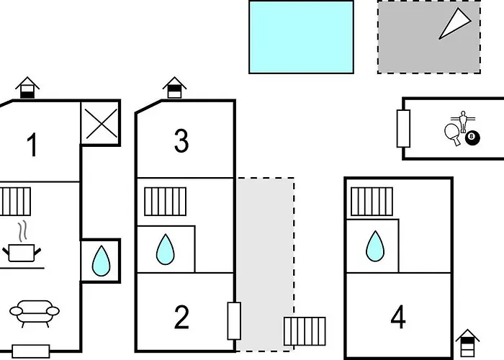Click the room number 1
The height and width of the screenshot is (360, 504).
click(32, 146)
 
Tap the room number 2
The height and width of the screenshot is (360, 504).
click(181, 317)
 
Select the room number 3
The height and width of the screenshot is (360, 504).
click(181, 141)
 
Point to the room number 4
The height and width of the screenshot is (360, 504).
click(398, 318)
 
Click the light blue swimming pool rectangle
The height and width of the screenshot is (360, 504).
click(301, 37)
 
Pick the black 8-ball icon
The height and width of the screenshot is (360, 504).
click(472, 137)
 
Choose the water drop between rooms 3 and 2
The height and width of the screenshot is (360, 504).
click(166, 250)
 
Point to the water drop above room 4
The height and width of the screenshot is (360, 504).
click(374, 246)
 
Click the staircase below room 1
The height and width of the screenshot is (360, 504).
click(14, 202)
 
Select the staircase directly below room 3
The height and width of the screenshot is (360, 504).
click(165, 202)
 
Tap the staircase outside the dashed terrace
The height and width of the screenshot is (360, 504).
click(304, 331)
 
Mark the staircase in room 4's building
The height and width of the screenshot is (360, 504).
click(372, 202)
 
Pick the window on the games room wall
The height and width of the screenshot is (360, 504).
click(403, 128)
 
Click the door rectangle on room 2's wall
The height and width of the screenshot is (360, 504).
click(234, 321)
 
